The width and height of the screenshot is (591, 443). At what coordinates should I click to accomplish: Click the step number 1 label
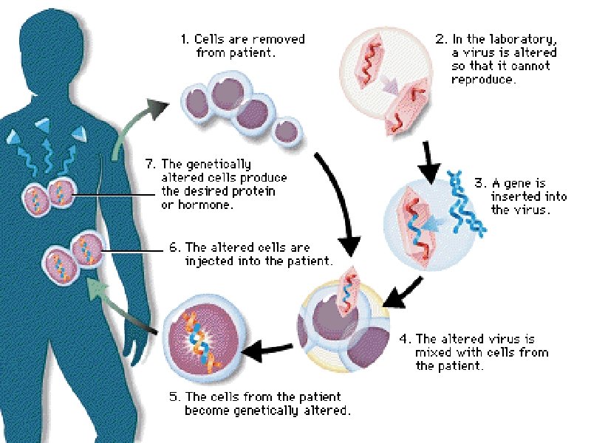tap(185, 39)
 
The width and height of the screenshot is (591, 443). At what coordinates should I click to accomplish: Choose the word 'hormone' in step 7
tap(208, 205)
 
